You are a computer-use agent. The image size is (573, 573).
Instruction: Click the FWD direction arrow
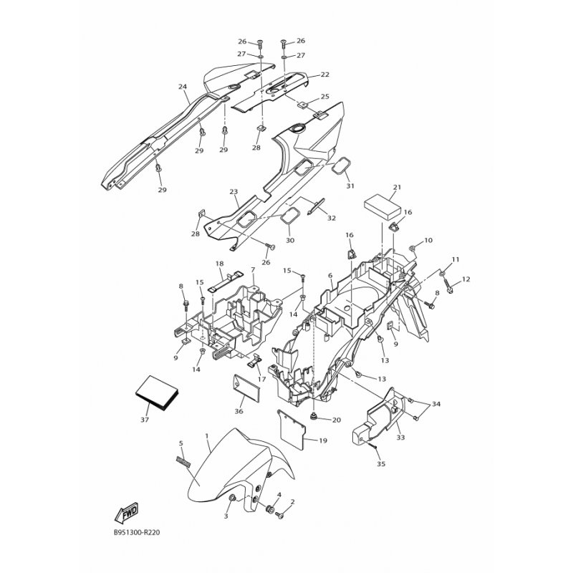[x=126, y=511]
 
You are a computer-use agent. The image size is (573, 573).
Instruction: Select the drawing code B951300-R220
[x=137, y=532]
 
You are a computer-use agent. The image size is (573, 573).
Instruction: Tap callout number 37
[x=145, y=420]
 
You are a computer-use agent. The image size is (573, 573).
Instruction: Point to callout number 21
[x=398, y=187]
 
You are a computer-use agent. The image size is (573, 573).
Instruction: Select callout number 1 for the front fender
[x=207, y=436]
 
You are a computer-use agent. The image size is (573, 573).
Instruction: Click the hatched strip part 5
[x=183, y=462]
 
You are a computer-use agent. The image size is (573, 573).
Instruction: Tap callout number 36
[x=239, y=411]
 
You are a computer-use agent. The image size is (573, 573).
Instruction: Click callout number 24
[x=183, y=87]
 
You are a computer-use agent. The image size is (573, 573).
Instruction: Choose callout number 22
[x=325, y=74]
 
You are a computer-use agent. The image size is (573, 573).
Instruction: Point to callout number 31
[x=350, y=186]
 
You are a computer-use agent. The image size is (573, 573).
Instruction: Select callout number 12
[x=466, y=279]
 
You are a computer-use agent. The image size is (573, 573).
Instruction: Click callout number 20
[x=336, y=420]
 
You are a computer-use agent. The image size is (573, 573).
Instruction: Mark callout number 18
[x=219, y=264]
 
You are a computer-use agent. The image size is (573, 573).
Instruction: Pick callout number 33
[x=400, y=437]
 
